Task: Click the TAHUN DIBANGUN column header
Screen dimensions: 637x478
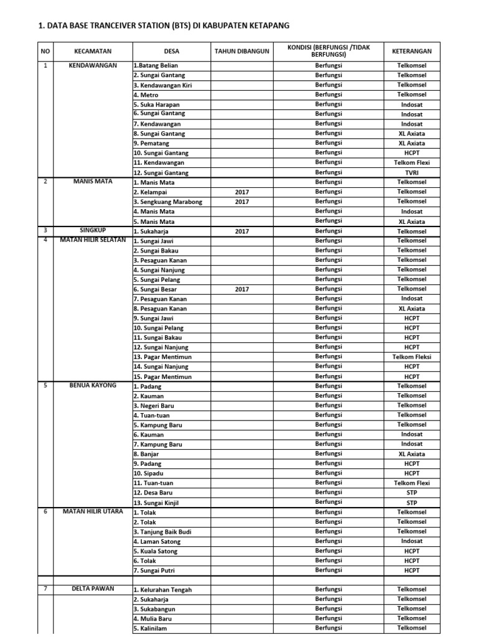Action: [x=242, y=52]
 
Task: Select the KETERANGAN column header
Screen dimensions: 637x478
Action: [x=411, y=52]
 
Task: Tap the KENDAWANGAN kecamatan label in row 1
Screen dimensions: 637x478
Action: [x=93, y=65]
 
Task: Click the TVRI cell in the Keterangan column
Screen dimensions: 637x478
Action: [x=411, y=172]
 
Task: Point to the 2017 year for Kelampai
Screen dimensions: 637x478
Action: [x=242, y=192]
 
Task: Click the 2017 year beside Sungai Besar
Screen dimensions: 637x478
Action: [x=242, y=289]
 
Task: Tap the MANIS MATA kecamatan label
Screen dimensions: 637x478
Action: [x=93, y=182]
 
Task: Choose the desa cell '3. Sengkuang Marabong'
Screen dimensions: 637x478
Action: [x=168, y=202]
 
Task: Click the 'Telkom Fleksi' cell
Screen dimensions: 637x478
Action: [x=411, y=357]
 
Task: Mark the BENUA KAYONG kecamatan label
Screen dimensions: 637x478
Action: [x=93, y=386]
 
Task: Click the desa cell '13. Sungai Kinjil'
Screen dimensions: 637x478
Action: [x=156, y=503]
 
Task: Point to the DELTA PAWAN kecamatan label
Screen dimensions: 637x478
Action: [x=93, y=588]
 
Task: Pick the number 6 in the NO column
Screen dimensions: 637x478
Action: [x=45, y=512]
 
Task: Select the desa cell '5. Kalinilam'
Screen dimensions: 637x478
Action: [x=151, y=628]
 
